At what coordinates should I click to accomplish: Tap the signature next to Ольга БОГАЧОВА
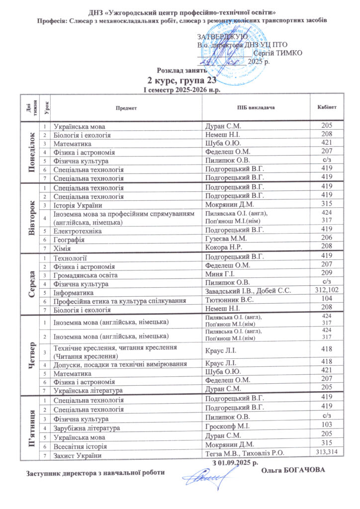click(204, 481)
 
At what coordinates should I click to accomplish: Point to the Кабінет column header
click(327, 107)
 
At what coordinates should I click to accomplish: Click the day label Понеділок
click(32, 151)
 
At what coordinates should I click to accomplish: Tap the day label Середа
click(32, 281)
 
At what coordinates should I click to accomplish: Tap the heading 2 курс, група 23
click(180, 81)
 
